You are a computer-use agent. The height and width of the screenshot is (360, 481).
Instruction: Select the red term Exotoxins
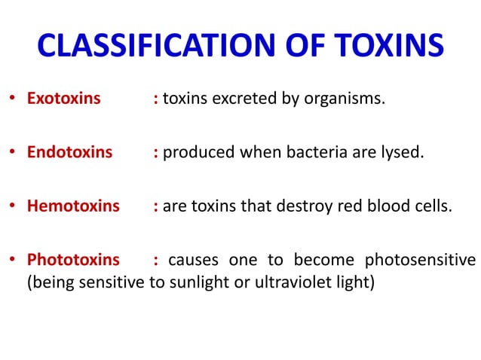pyautogui.click(x=63, y=98)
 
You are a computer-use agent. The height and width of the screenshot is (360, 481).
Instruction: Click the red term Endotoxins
pyautogui.click(x=69, y=152)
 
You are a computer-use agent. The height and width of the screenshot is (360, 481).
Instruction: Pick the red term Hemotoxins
pyautogui.click(x=73, y=206)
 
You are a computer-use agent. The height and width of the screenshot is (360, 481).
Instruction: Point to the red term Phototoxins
pyautogui.click(x=73, y=260)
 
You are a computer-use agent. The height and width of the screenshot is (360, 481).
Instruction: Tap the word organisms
pyautogui.click(x=345, y=99)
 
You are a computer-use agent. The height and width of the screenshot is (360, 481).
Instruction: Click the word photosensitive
pyautogui.click(x=420, y=261)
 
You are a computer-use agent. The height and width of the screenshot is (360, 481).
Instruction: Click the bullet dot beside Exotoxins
pyautogui.click(x=12, y=99)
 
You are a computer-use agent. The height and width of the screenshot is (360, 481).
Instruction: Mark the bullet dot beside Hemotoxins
pyautogui.click(x=12, y=206)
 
